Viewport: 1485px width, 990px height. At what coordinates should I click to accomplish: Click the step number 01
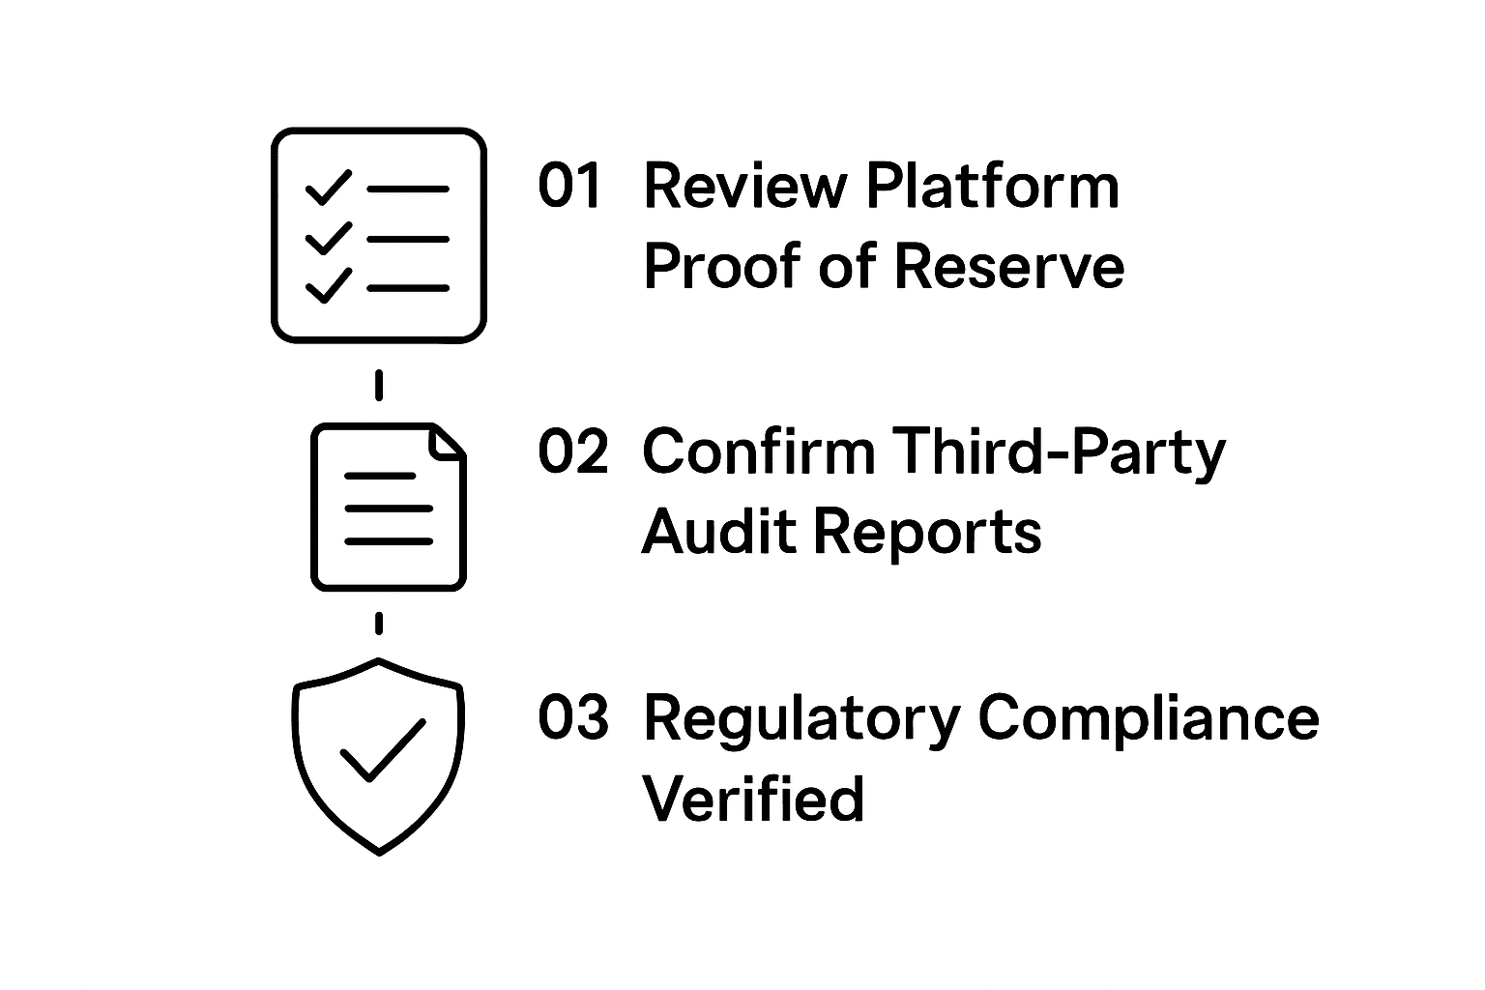570,187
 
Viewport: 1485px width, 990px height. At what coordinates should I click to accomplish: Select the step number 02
573,451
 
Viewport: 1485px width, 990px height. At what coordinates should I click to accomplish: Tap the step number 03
573,717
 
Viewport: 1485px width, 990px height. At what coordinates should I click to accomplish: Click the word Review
743,187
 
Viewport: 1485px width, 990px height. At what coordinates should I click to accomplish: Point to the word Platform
992,187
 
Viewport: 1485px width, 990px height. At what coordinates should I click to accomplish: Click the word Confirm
758,451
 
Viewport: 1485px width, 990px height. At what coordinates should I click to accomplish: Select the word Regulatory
801,719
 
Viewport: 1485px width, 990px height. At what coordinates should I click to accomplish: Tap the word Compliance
1149,719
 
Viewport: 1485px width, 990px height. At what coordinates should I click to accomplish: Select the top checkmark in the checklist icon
328,187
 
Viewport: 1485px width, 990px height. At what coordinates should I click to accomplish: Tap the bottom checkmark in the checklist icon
328,285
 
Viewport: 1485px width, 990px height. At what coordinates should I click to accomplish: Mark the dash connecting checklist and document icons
379,385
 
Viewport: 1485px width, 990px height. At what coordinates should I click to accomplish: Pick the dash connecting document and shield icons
379,624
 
